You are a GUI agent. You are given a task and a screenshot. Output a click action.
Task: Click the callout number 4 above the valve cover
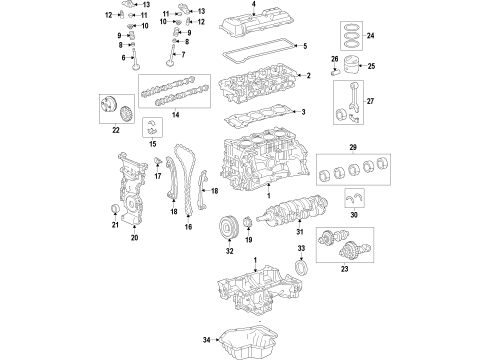point(253,6)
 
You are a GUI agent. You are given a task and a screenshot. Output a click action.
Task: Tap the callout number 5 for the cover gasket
point(305,47)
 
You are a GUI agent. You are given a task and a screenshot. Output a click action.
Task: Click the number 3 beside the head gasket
point(304,112)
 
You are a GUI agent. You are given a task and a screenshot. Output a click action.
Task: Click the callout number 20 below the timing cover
point(133,238)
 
